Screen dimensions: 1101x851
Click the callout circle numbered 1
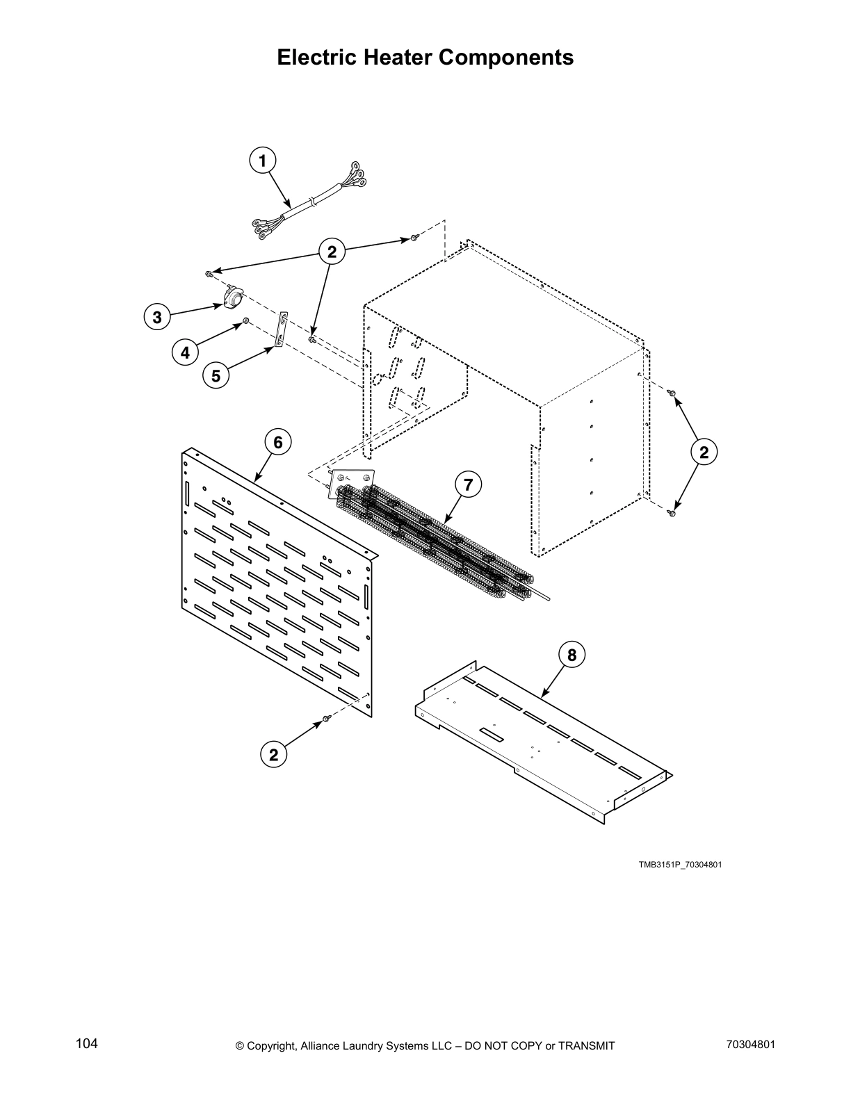[x=262, y=161]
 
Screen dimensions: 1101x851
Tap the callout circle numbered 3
[x=157, y=318]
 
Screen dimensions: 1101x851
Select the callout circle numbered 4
[x=185, y=352]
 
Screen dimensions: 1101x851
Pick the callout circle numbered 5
[x=216, y=375]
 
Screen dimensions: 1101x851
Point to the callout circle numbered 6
[x=277, y=441]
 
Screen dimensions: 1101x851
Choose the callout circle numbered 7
[x=468, y=484]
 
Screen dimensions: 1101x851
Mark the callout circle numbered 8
[x=572, y=655]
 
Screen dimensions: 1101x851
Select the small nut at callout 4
[x=246, y=321]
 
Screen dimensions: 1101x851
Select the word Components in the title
[x=506, y=57]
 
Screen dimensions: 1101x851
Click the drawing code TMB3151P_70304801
[x=681, y=865]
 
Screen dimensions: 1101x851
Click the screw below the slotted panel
[x=325, y=724]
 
